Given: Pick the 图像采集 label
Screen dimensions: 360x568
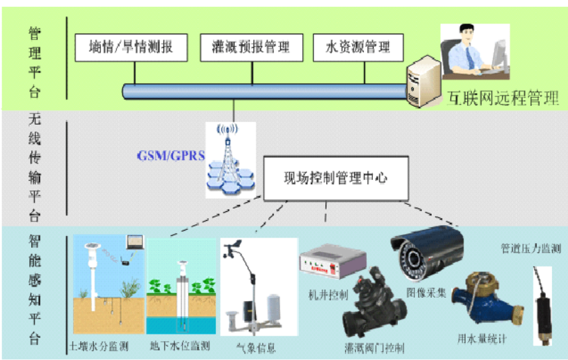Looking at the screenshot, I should (423, 291).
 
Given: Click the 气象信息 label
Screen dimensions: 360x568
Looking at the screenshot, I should (256, 347).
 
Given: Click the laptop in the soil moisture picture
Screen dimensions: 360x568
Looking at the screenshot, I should (134, 242).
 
